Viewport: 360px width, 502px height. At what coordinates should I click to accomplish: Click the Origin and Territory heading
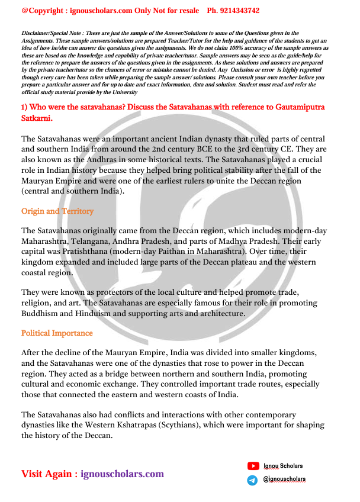[57, 211]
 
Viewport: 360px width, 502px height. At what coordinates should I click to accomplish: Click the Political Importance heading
[57, 333]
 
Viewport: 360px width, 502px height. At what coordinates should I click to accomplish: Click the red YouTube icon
[253, 466]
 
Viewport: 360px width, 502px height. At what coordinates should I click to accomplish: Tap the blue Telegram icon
[253, 480]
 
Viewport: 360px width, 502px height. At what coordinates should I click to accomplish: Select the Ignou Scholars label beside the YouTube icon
[284, 466]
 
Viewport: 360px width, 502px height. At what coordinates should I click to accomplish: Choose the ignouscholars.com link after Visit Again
[122, 474]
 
